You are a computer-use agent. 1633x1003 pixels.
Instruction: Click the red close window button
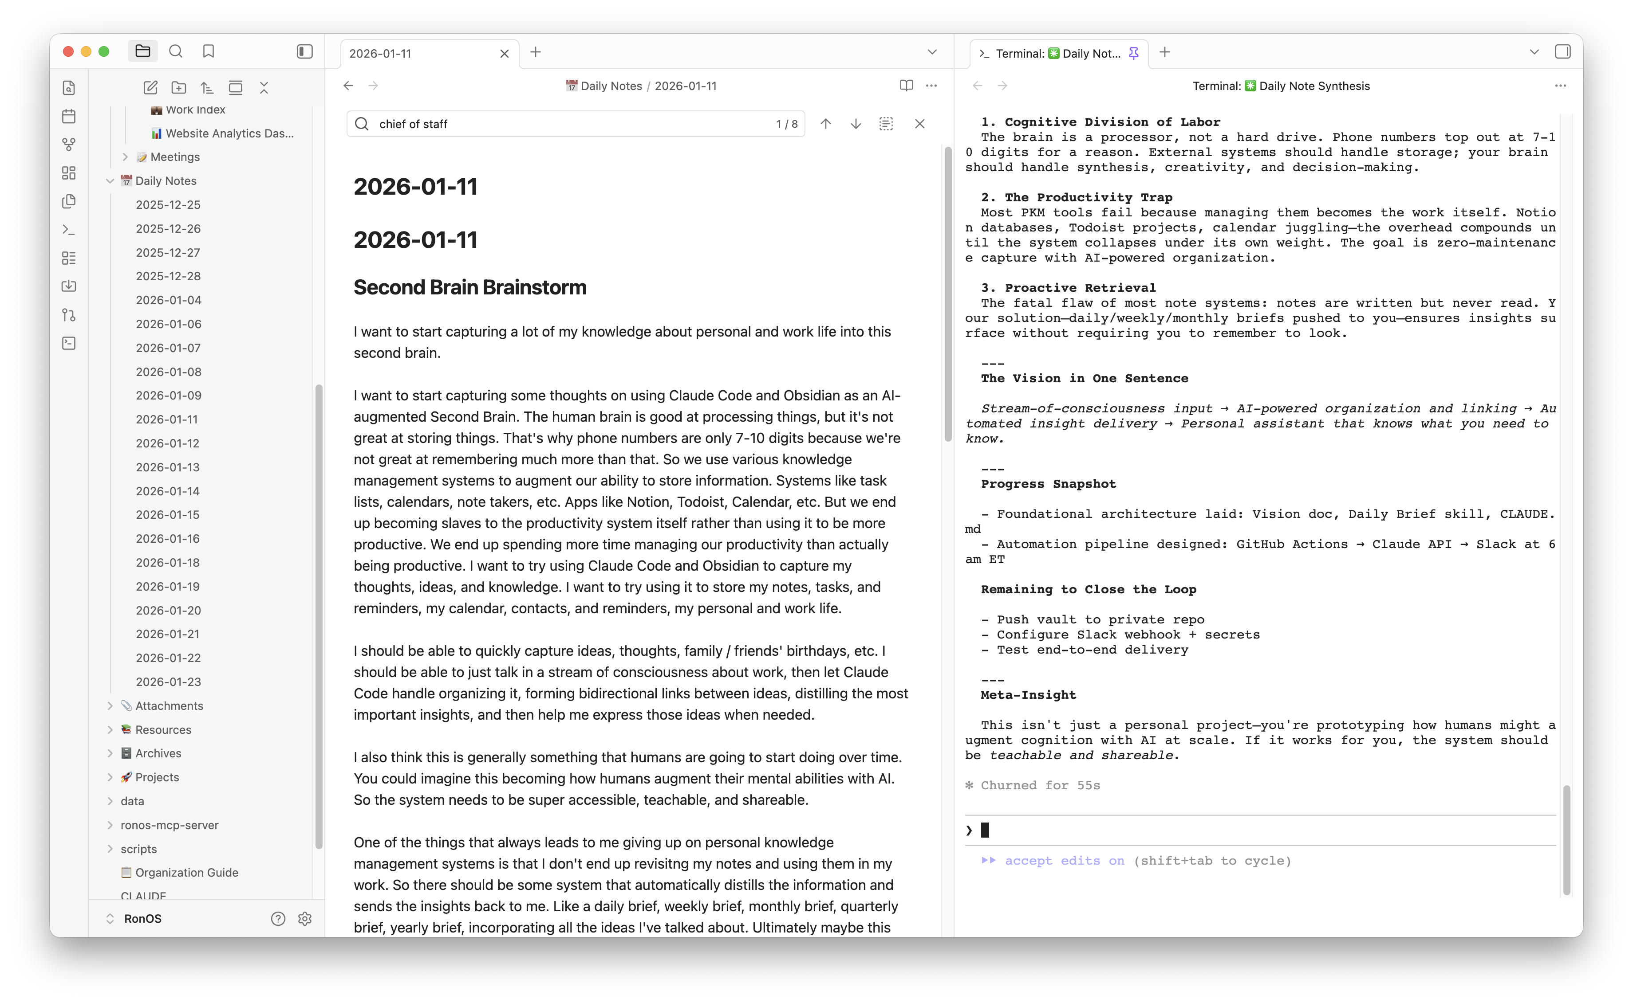click(x=68, y=52)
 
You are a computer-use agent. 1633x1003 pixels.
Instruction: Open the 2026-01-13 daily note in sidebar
click(x=167, y=467)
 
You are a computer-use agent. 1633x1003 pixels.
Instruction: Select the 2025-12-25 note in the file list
click(x=168, y=205)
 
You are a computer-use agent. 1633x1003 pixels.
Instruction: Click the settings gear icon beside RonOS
click(x=305, y=919)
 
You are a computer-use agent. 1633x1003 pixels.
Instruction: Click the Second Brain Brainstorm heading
click(x=470, y=287)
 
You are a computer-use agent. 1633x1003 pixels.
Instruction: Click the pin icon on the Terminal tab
click(x=1134, y=53)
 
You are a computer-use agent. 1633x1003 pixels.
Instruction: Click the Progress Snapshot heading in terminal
click(x=1048, y=484)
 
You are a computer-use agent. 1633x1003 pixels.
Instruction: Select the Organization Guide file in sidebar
click(x=186, y=872)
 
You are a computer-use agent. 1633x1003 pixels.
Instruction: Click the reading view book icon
click(x=906, y=86)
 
